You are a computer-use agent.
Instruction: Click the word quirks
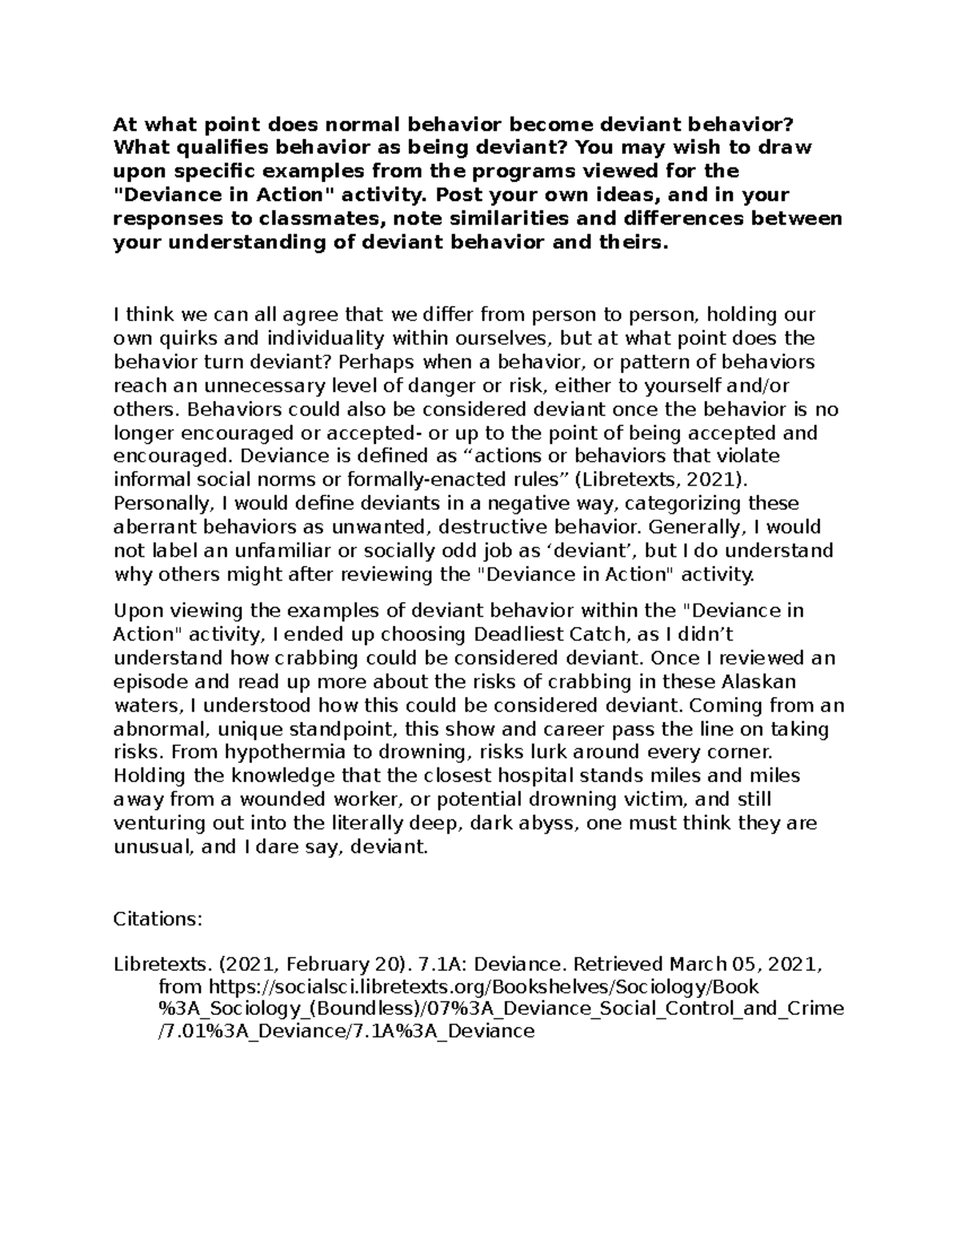pyautogui.click(x=182, y=338)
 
